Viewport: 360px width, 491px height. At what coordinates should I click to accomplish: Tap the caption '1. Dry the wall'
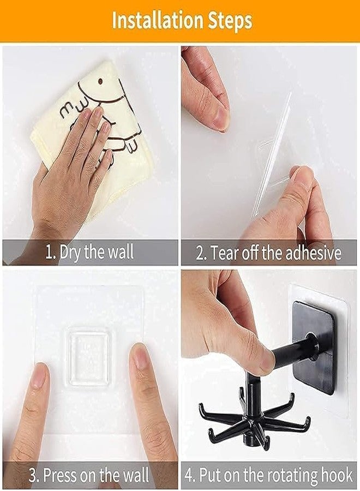pos(90,252)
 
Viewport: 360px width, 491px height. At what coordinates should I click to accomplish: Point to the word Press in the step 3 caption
pos(59,475)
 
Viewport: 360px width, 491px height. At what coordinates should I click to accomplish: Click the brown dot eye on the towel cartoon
pos(100,81)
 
